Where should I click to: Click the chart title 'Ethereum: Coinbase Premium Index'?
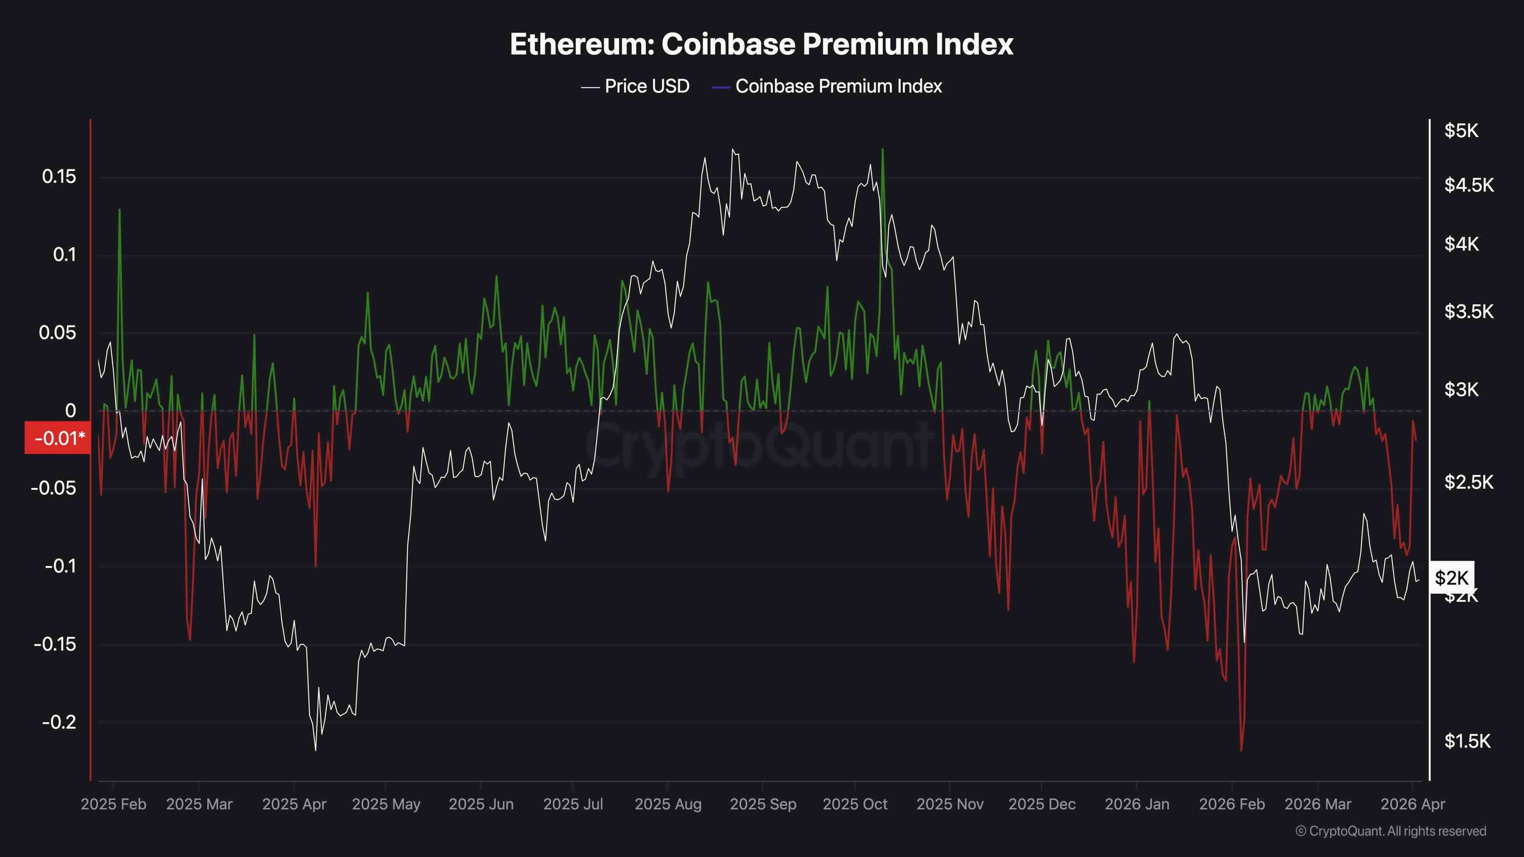click(761, 45)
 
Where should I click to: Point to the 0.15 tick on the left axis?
click(59, 177)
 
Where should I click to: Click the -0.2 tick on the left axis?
click(59, 722)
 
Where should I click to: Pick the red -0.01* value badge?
click(58, 438)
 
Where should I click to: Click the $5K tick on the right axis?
click(1461, 131)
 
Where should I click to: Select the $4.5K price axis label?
click(1469, 185)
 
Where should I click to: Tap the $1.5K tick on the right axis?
click(1467, 741)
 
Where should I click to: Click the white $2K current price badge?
click(1451, 577)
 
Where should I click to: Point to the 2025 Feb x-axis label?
click(113, 804)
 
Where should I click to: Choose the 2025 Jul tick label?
click(573, 804)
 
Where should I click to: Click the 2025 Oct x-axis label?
click(855, 804)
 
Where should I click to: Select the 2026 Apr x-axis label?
click(1413, 804)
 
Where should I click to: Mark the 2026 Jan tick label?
click(1137, 804)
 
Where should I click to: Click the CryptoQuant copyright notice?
click(1391, 831)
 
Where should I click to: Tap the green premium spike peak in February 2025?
click(120, 209)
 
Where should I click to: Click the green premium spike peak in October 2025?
click(882, 149)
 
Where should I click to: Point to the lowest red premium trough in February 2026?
click(1241, 750)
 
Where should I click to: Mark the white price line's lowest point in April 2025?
click(315, 750)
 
